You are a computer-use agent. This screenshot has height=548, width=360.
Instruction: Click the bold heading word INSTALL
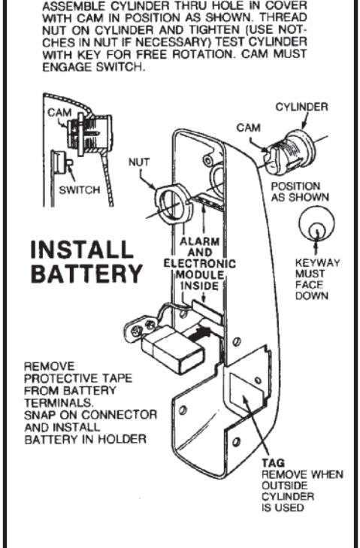(x=82, y=250)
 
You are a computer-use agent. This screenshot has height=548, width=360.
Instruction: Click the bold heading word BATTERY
(x=87, y=274)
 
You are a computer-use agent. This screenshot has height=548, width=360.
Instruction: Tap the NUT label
(x=139, y=162)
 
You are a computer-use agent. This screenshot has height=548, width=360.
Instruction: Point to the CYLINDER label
(x=302, y=107)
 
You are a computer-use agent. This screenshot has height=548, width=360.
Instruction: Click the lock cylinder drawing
(x=289, y=153)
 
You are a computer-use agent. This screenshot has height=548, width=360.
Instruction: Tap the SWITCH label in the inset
(x=80, y=190)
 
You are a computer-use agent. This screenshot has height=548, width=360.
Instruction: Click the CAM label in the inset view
(x=59, y=113)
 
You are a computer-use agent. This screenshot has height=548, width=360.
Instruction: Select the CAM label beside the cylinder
(x=249, y=128)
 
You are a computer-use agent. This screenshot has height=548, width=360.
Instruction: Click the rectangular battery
(x=173, y=352)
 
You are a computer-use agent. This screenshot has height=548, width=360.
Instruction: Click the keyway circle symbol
(x=316, y=225)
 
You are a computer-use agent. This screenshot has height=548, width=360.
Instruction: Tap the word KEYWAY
(x=317, y=263)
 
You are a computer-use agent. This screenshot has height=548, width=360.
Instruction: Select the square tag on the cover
(x=246, y=390)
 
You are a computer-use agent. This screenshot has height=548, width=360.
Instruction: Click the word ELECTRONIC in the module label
(x=200, y=264)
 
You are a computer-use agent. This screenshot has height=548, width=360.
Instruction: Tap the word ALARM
(x=200, y=241)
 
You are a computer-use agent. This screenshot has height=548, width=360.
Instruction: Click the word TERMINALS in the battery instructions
(x=59, y=403)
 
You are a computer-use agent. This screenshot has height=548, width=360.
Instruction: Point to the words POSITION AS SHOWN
(x=300, y=192)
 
